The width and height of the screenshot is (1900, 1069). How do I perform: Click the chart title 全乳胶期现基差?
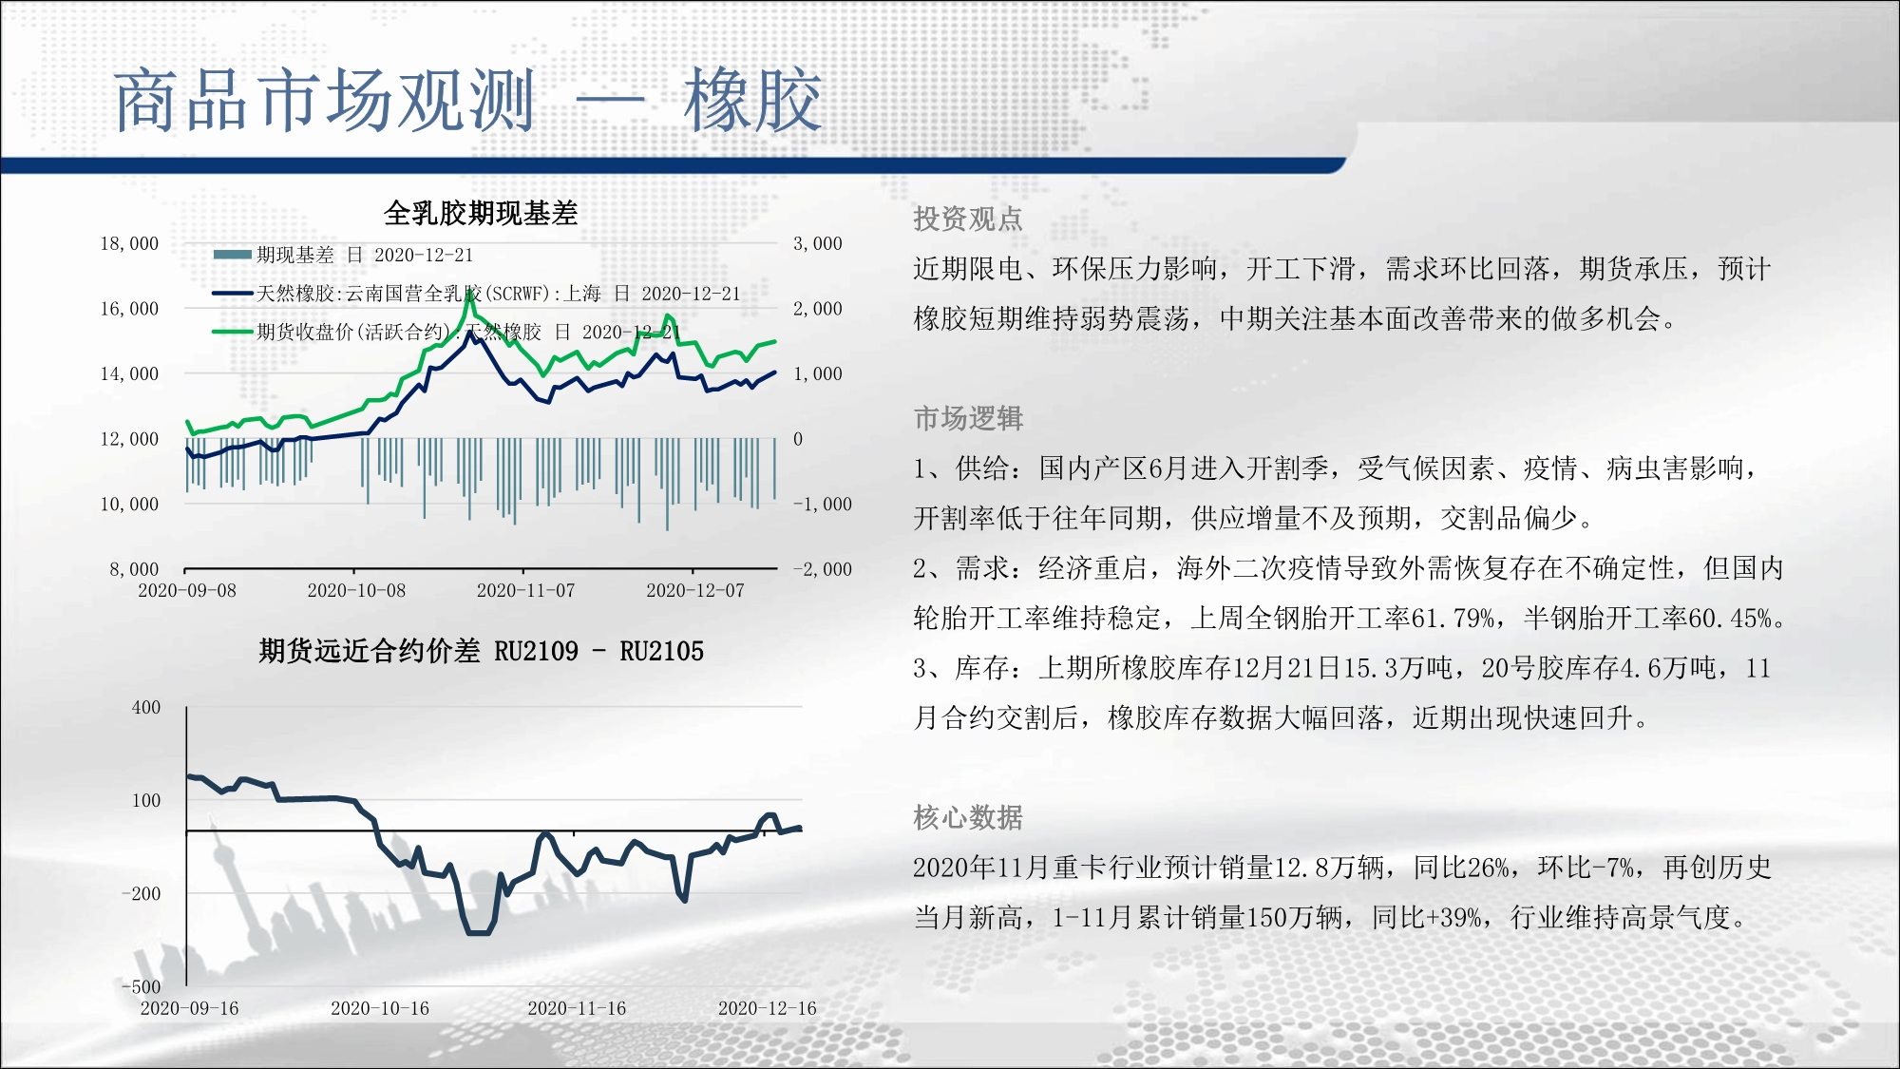(481, 213)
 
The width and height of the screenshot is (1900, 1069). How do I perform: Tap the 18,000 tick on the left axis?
(129, 243)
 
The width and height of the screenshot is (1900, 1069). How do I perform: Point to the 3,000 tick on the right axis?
(818, 243)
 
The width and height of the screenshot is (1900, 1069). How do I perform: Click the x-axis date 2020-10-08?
(356, 590)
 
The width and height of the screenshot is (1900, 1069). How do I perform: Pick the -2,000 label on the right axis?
(823, 569)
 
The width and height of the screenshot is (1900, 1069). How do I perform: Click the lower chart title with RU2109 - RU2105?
(481, 651)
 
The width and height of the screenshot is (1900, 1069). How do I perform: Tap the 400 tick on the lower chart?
(146, 707)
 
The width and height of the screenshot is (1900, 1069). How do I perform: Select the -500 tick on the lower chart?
(141, 986)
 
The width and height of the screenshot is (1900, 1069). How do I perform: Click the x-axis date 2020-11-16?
(577, 1008)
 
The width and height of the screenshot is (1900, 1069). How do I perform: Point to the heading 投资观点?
(968, 219)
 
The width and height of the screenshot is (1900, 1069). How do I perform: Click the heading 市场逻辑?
(968, 418)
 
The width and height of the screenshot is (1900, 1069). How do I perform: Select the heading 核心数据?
(968, 817)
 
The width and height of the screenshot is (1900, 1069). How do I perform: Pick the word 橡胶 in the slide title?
(752, 100)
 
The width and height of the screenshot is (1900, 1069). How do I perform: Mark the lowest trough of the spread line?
(479, 933)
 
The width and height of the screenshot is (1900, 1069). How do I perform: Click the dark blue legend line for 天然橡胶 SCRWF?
(232, 294)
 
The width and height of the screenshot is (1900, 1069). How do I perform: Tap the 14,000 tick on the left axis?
(129, 373)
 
